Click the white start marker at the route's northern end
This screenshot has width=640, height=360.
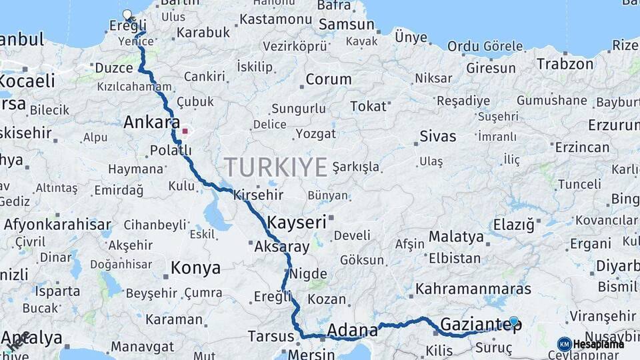[x=127, y=15]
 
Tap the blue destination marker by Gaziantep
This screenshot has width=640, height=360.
[x=513, y=321]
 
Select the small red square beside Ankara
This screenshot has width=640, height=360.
[x=185, y=131]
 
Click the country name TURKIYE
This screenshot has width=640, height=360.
[x=275, y=166]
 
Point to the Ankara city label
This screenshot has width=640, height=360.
[x=151, y=123]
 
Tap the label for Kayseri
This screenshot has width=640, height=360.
[x=297, y=221]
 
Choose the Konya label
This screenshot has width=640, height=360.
[x=195, y=268]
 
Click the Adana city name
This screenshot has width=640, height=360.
[x=353, y=329]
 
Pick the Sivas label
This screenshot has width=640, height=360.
[x=438, y=137]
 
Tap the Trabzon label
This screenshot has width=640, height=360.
[x=565, y=65]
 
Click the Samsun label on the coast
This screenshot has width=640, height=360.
[x=347, y=25]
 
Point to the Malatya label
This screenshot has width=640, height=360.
[x=456, y=237]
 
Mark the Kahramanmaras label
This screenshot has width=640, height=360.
[x=473, y=289]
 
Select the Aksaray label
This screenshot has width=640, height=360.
[x=282, y=247]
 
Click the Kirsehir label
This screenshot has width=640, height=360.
[x=258, y=196]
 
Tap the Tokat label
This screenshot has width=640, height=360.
[x=368, y=106]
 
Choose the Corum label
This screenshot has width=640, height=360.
[x=328, y=79]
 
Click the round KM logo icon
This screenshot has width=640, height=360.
[x=564, y=344]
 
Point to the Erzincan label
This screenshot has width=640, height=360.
[x=582, y=147]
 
